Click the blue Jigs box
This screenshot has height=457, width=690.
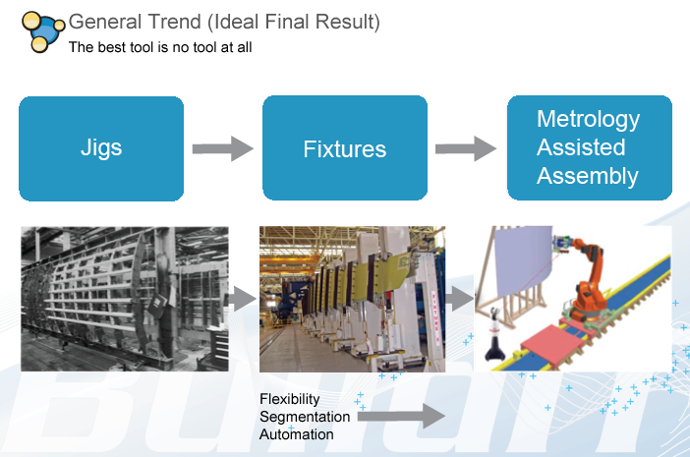(x=101, y=148)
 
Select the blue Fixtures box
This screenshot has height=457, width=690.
(x=344, y=148)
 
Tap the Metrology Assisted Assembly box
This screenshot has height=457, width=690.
(x=588, y=148)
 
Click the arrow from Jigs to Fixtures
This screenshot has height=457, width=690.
(x=222, y=149)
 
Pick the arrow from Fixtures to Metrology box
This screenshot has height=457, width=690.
(x=466, y=149)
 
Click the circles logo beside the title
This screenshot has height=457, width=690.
(x=42, y=29)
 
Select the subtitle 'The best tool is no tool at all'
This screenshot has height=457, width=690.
(x=160, y=46)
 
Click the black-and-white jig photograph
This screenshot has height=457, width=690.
(x=124, y=299)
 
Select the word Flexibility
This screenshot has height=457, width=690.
(x=291, y=399)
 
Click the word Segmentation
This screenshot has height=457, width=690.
(x=303, y=417)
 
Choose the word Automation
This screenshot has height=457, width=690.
(x=297, y=434)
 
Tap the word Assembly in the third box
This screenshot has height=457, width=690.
(x=588, y=177)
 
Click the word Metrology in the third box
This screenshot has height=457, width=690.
(x=588, y=119)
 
